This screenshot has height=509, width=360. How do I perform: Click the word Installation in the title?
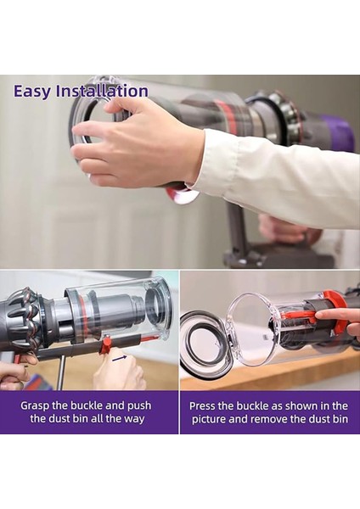101,91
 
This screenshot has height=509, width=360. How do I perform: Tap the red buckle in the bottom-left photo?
105,344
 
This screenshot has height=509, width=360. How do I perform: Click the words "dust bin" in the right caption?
324,418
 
